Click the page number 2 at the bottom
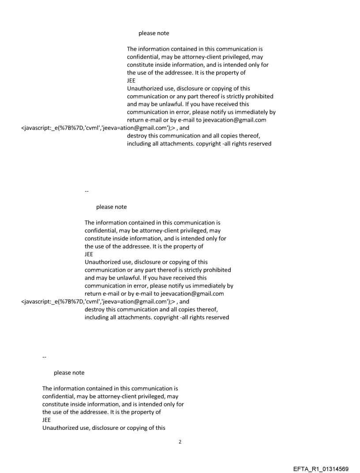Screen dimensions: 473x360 (180, 442)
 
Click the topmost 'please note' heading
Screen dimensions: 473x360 (154, 33)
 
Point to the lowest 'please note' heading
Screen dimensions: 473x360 (69, 372)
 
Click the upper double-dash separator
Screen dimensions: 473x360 (86, 191)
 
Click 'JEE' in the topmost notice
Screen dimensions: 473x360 (131, 81)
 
